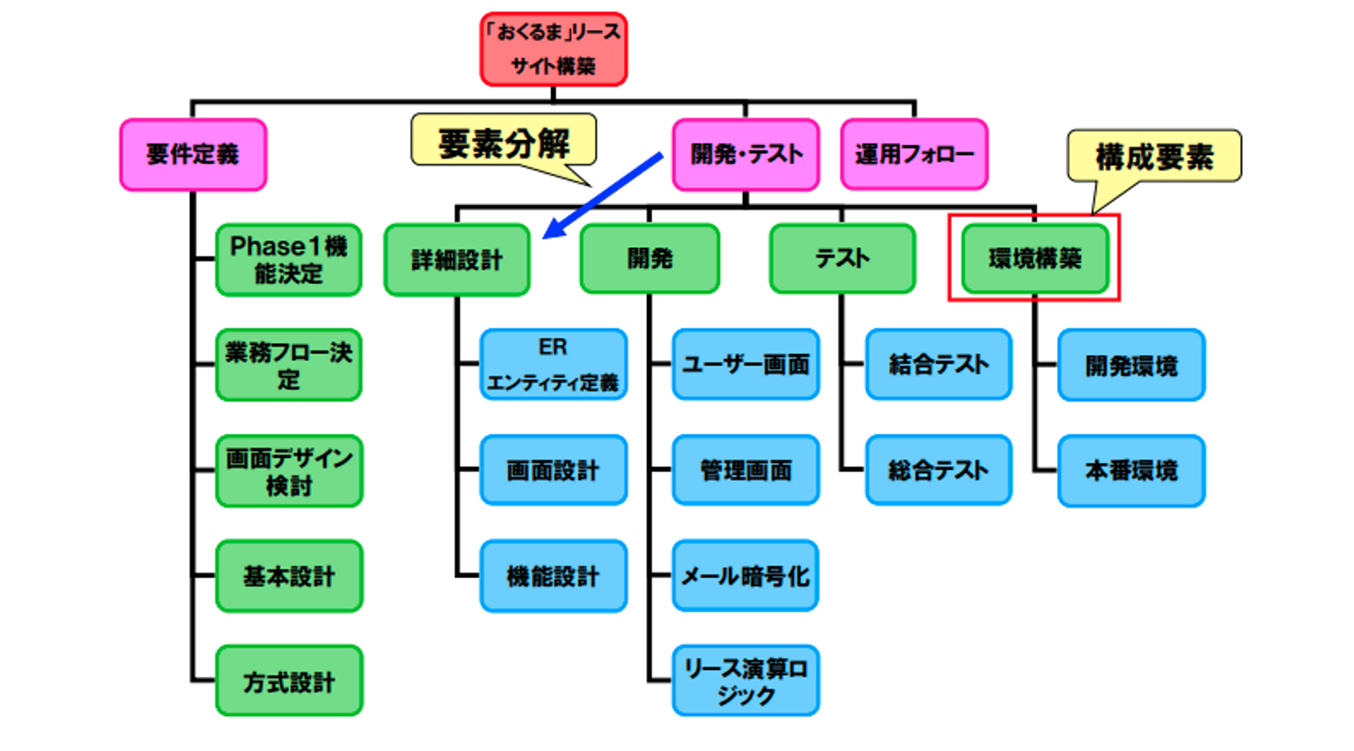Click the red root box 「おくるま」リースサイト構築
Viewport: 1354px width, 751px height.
coord(553,49)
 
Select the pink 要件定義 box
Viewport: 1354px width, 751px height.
coord(193,155)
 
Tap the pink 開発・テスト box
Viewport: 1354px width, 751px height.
coord(746,155)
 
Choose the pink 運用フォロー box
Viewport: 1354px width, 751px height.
coord(914,155)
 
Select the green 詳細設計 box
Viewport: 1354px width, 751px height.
coord(457,259)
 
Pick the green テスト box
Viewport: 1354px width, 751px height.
coord(842,258)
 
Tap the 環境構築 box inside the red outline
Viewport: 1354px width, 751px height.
coord(1035,258)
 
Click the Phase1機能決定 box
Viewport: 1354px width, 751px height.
coord(289,259)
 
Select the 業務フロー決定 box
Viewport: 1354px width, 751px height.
coord(289,365)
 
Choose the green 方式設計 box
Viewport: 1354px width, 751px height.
coord(289,681)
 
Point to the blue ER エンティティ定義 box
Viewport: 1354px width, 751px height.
coord(553,365)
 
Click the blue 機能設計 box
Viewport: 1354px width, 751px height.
coord(553,575)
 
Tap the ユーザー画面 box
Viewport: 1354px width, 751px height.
coord(746,365)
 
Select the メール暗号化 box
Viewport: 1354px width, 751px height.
coord(746,575)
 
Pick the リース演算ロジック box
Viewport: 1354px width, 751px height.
coord(746,681)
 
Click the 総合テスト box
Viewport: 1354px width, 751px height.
coord(938,470)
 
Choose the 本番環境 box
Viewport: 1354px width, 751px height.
coord(1131,470)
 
